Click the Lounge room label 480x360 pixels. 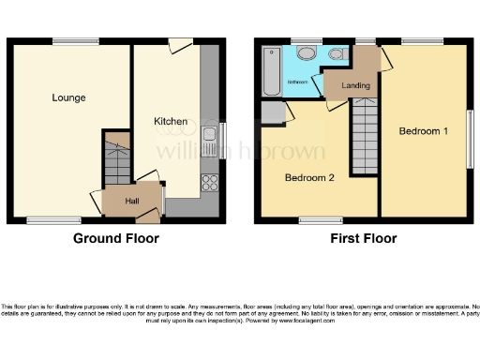pos(68,97)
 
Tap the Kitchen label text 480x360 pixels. pos(171,121)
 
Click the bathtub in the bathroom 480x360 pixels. pos(270,70)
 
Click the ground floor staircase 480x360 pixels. pos(116,165)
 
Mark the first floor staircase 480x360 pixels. pos(364,139)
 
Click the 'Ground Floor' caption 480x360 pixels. pos(116,239)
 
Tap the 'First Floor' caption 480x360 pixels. pos(363,239)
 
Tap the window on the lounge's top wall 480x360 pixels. pos(75,39)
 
